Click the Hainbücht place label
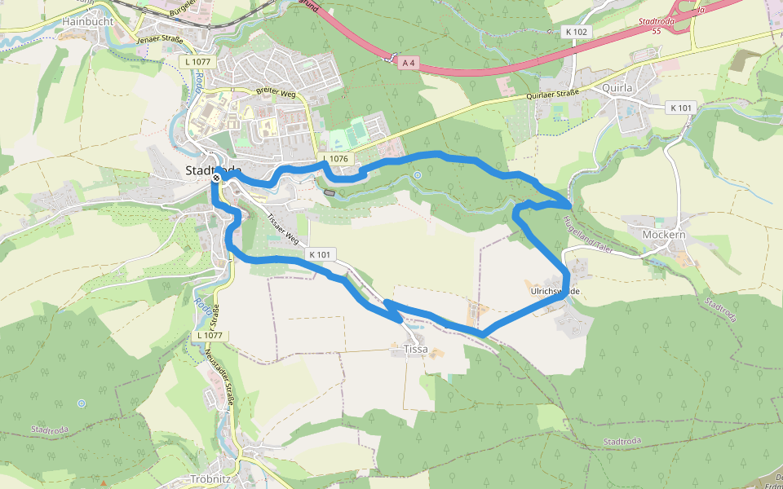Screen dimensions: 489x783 (87, 20)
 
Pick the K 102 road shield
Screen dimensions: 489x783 (575, 32)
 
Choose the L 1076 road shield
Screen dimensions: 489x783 (334, 158)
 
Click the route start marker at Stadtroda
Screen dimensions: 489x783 (217, 178)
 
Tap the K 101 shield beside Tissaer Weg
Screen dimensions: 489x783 (320, 255)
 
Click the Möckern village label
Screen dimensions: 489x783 (664, 235)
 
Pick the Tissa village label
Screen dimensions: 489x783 (415, 349)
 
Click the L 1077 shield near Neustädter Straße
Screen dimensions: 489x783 (209, 335)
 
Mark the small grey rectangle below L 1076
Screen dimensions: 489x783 (329, 192)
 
